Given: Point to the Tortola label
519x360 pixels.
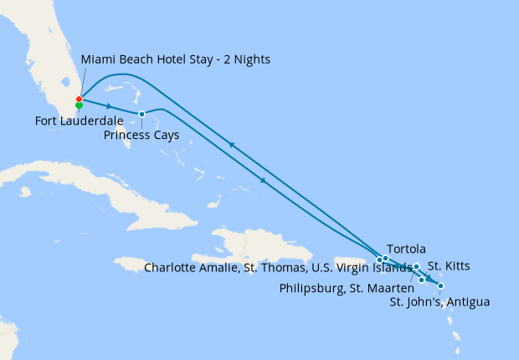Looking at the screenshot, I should pos(407,249).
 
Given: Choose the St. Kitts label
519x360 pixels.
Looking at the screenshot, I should pos(449,266).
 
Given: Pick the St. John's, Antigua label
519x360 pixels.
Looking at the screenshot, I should pos(439,301).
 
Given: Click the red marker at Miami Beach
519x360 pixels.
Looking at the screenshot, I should pos(79,99).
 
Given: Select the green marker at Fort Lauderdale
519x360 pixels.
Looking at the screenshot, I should pos(79,105).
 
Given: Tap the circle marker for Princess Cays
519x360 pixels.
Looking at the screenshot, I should pos(141,114).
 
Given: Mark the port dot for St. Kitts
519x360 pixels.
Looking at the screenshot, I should pos(417,266).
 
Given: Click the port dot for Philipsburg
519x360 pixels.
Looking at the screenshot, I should pos(422,280).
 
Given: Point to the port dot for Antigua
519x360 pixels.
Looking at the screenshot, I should pos(441,286).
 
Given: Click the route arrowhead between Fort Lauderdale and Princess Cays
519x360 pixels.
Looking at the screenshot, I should pos(110,106).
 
